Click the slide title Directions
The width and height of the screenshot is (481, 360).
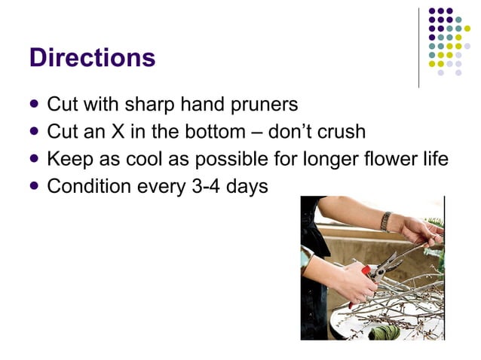coord(92,58)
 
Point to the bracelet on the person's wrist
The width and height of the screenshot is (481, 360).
coord(386,221)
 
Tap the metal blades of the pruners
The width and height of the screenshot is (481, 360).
coord(388,263)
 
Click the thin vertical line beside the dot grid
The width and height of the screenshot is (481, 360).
coord(418,47)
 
